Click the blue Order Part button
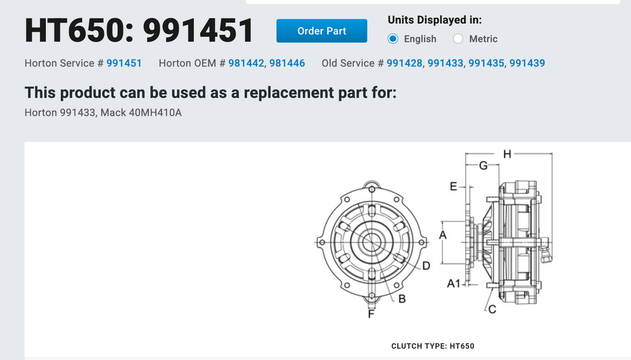click(321, 31)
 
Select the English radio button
click(393, 39)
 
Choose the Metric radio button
click(458, 39)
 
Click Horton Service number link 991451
click(124, 63)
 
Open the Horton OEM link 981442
click(246, 63)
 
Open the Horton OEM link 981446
click(287, 63)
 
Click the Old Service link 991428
click(404, 63)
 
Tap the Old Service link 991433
click(445, 63)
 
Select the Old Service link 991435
click(487, 63)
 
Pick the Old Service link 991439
click(527, 63)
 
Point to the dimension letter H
click(507, 153)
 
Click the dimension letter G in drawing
click(483, 166)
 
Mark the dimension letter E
click(453, 186)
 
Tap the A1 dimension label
click(454, 284)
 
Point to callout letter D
click(426, 266)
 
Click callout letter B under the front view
click(402, 299)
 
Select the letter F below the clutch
click(371, 314)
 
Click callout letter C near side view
click(492, 310)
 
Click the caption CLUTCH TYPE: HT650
click(432, 346)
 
